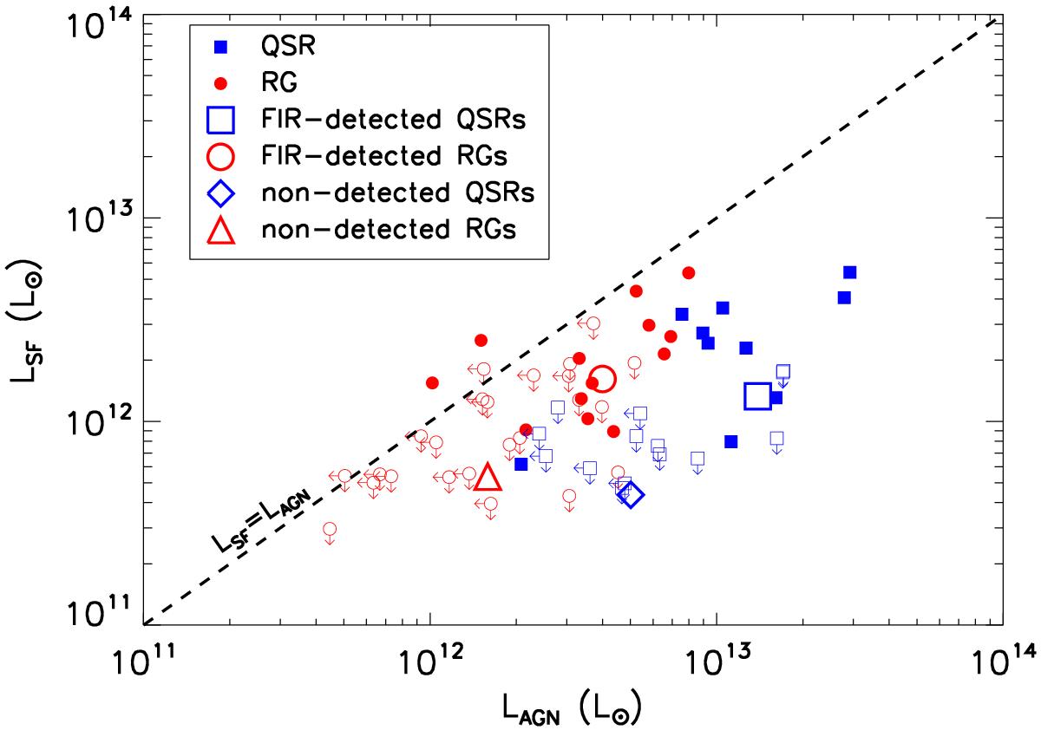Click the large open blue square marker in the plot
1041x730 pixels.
pos(757,395)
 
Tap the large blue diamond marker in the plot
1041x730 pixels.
pos(631,495)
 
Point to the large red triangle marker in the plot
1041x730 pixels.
pos(488,477)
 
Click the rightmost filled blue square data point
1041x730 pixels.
pos(849,272)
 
